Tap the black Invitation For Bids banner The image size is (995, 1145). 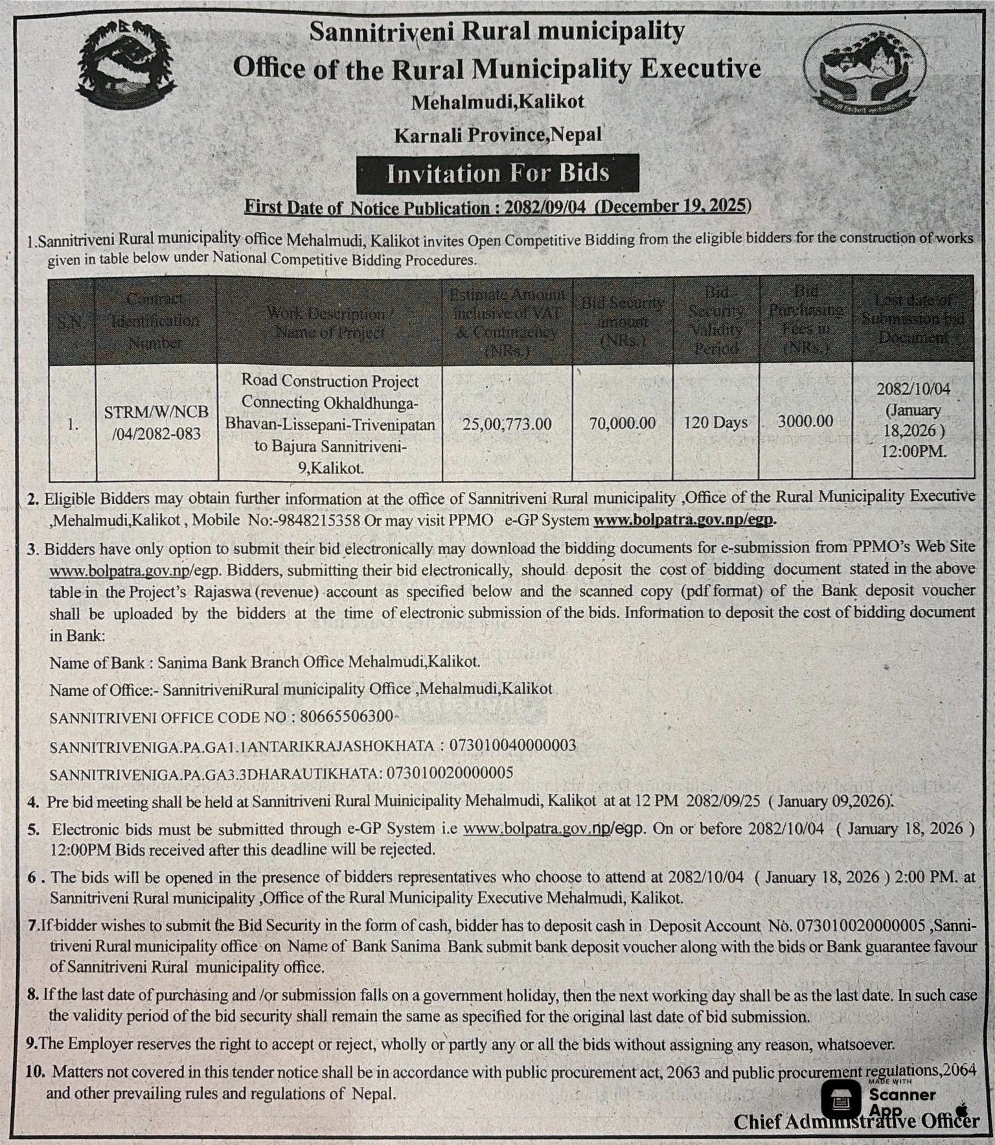point(497,174)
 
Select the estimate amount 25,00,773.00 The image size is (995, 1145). point(507,424)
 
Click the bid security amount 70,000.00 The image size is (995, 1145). point(622,423)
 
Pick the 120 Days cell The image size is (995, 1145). point(715,422)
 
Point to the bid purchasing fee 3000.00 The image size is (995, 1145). point(805,421)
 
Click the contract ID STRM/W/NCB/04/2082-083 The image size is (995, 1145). point(156,422)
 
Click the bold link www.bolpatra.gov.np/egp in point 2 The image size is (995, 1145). point(684,520)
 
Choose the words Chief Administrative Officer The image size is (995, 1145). point(855,1121)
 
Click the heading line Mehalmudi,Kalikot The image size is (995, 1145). point(497,102)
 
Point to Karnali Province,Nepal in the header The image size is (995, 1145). point(497,135)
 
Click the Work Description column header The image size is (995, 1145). point(330,323)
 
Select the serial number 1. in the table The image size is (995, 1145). point(73,424)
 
